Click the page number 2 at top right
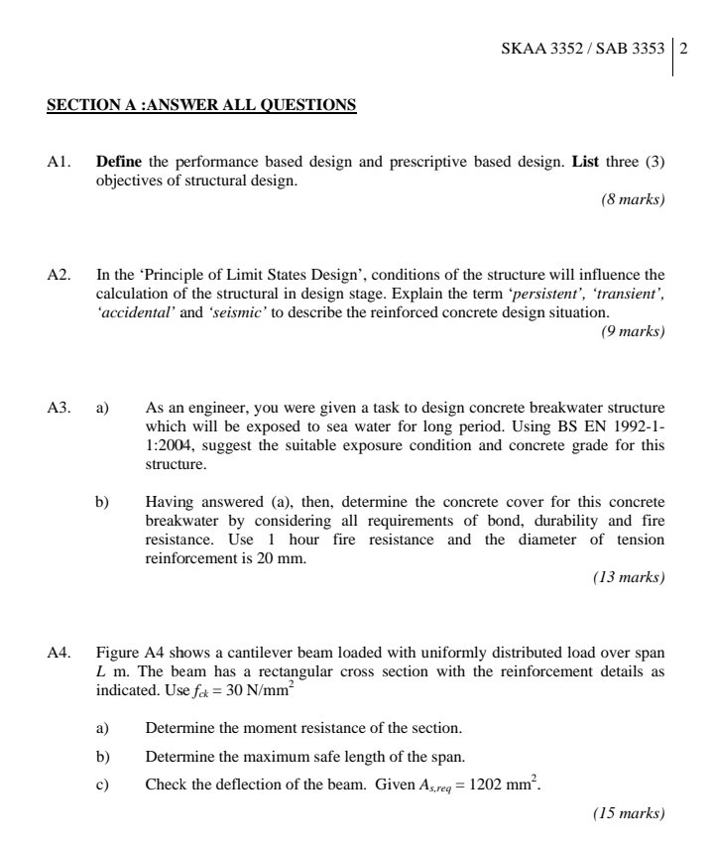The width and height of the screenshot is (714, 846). coord(683,48)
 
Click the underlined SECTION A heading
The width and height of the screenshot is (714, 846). coord(201,104)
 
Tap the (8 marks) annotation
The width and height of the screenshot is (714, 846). coord(633,199)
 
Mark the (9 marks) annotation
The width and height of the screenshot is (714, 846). coord(633,331)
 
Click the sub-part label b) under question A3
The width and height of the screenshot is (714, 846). coord(102,503)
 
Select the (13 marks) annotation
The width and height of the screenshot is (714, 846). coord(629,577)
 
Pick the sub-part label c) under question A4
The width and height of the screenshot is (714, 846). coord(101,785)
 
